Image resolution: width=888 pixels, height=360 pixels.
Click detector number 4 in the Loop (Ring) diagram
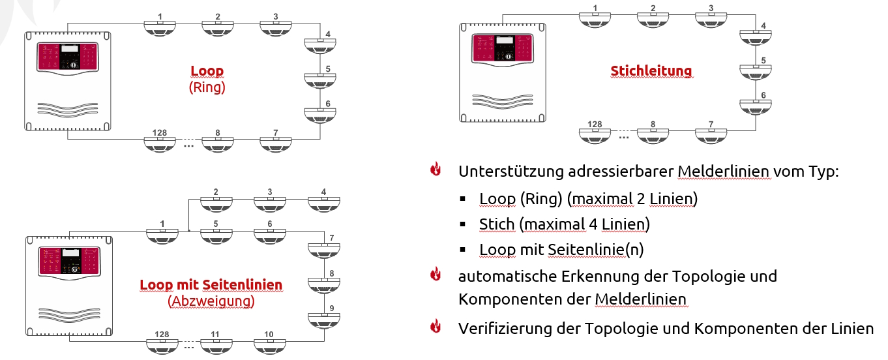tap(320, 46)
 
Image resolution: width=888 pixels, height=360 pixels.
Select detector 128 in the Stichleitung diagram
tap(594, 135)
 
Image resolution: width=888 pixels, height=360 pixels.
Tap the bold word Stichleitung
tap(651, 70)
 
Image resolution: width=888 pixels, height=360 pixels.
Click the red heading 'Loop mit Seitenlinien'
tap(211, 285)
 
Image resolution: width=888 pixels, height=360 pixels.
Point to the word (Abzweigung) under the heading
tap(211, 301)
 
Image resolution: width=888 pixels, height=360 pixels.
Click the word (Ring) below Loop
tap(207, 87)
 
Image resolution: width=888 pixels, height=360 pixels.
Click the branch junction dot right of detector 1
tap(188, 230)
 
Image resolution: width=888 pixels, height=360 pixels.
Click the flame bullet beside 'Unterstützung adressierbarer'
tap(436, 171)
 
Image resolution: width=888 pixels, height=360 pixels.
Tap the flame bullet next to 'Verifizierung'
tap(436, 327)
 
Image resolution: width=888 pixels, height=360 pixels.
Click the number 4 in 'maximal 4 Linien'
tap(591, 224)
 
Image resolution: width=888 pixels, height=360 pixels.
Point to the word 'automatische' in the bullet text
tap(507, 276)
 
